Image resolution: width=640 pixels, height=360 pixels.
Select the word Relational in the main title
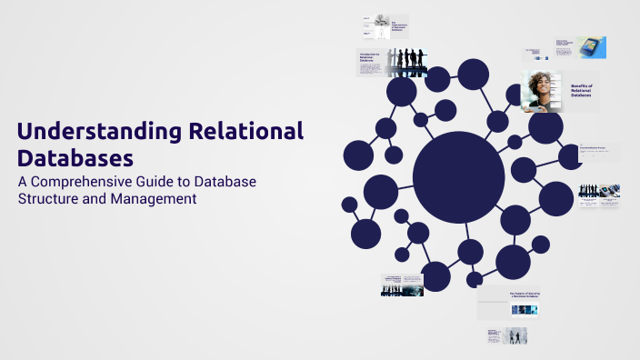click(245, 131)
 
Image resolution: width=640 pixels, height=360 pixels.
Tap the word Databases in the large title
click(75, 157)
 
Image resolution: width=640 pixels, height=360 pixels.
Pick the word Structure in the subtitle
click(50, 198)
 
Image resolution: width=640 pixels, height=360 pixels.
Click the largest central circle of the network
click(458, 176)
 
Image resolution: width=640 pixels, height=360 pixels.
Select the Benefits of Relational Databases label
click(580, 90)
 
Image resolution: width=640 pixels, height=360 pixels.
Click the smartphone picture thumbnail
click(590, 47)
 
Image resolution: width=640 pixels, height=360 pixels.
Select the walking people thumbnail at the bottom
click(515, 335)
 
